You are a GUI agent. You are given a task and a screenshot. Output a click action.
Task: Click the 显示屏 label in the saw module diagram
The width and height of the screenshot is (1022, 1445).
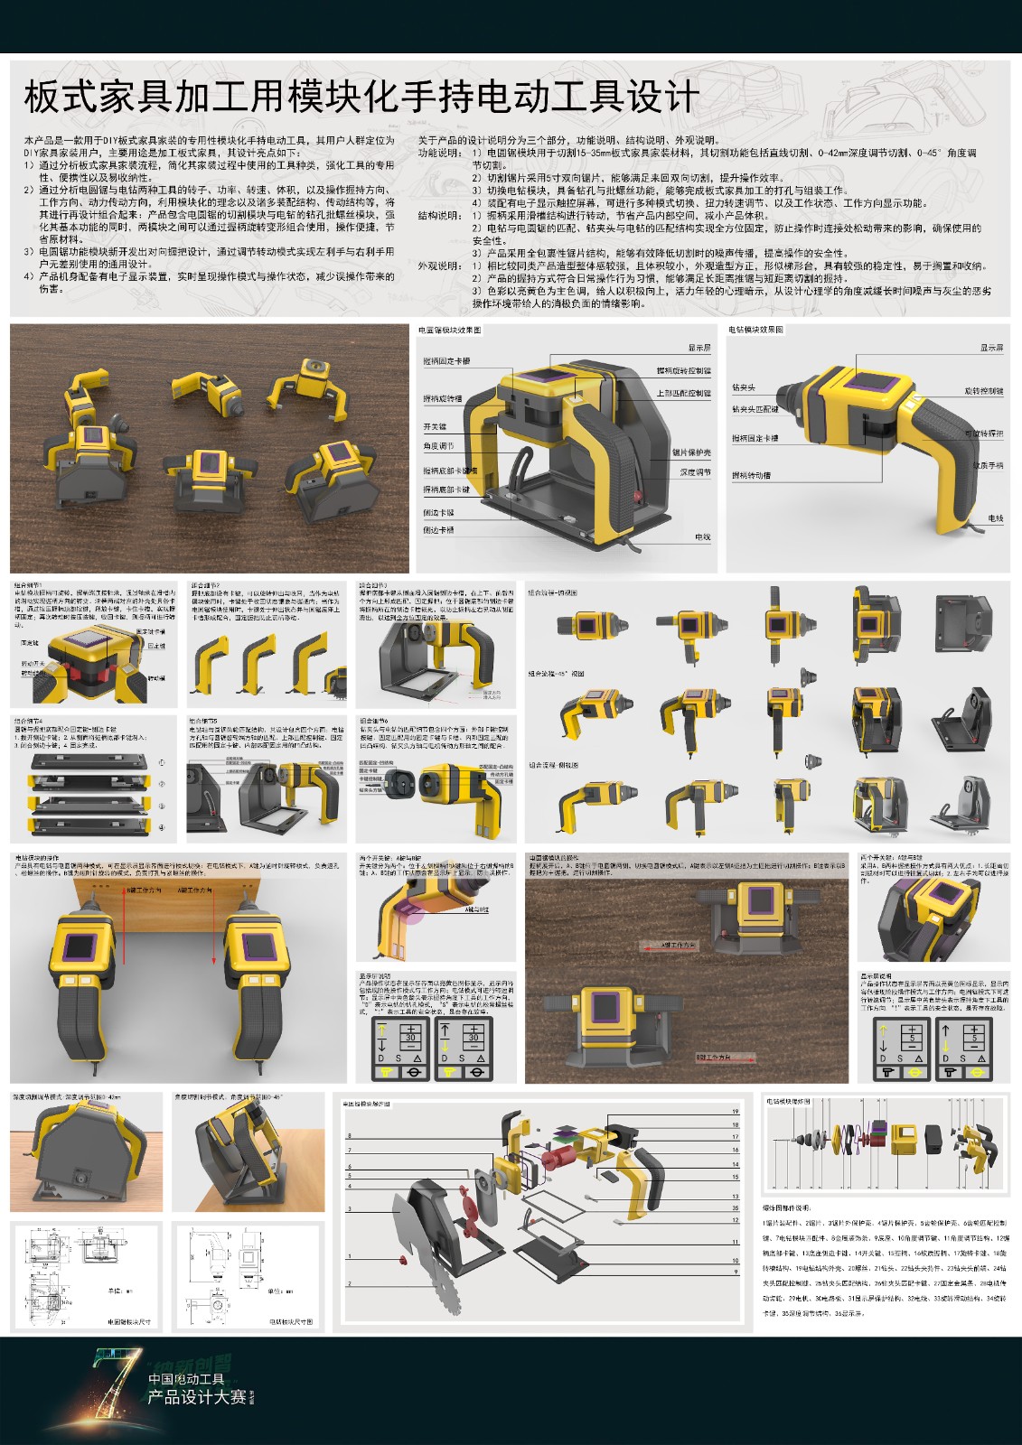click(x=699, y=348)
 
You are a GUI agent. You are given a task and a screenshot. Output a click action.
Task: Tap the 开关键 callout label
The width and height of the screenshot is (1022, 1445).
click(x=435, y=426)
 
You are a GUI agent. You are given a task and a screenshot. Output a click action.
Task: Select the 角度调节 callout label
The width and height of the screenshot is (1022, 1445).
click(x=438, y=446)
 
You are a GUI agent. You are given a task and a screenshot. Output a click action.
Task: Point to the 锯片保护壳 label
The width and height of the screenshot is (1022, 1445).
click(x=691, y=452)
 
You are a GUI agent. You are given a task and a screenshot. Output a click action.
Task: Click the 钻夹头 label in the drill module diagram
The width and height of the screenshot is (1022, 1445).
click(x=743, y=387)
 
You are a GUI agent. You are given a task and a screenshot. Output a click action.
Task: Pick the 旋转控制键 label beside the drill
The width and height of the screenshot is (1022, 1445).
click(x=983, y=391)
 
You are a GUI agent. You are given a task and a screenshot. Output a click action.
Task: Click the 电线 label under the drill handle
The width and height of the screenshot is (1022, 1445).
click(x=995, y=518)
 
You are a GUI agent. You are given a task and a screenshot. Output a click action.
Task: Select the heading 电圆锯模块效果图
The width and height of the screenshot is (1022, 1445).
click(x=450, y=331)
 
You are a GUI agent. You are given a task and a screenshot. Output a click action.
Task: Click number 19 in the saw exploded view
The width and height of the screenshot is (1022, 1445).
click(x=736, y=1112)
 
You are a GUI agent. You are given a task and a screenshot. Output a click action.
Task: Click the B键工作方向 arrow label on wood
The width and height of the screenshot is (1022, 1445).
click(x=714, y=1056)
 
